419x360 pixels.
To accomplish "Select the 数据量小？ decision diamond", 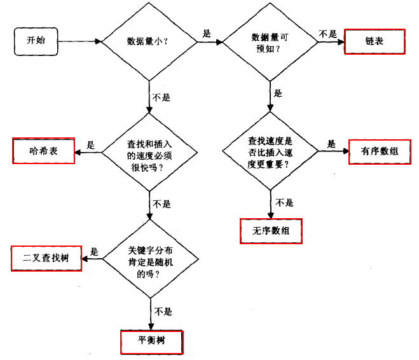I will tap(149, 43).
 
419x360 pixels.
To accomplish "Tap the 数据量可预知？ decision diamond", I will tap(270, 43).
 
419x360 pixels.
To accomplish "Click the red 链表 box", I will tap(374, 41).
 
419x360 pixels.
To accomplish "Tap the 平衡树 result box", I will tap(151, 341).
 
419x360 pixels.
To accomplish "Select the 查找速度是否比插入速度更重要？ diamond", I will tap(271, 151).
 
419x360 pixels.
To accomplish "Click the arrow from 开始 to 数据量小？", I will tap(80, 42).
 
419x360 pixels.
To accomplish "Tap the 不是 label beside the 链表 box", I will tap(328, 34).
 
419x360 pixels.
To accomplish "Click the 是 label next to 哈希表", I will tap(90, 144).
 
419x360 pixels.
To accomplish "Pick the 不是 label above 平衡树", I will tap(162, 312).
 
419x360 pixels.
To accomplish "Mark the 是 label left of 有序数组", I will tap(331, 144).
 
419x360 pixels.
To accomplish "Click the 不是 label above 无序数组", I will tap(284, 202).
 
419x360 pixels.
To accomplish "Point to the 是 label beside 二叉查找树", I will tap(94, 251).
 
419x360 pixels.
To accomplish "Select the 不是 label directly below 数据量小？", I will tap(162, 99).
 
